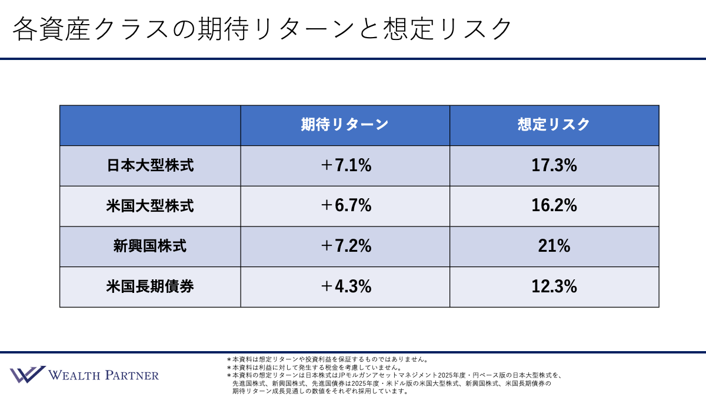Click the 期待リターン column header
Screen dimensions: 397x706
coord(345,125)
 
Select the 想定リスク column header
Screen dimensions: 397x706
coord(554,125)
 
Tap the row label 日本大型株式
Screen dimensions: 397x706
coord(150,166)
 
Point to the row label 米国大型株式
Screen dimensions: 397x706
coord(150,206)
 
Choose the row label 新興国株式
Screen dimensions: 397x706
coord(150,246)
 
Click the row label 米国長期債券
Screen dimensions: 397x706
coord(150,287)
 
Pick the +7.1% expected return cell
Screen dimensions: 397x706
coord(345,166)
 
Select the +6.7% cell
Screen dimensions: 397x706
coord(345,206)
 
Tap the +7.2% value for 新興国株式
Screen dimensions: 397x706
coord(345,246)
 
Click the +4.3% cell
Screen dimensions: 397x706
coord(345,287)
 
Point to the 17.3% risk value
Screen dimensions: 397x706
coord(554,166)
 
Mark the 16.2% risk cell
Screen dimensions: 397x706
coord(554,206)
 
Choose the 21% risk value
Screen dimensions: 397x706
coord(554,246)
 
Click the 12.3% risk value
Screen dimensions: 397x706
coord(554,287)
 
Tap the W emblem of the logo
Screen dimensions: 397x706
coord(27,375)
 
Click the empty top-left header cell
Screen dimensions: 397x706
coord(150,125)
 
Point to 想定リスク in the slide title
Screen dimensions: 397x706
coord(454,28)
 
